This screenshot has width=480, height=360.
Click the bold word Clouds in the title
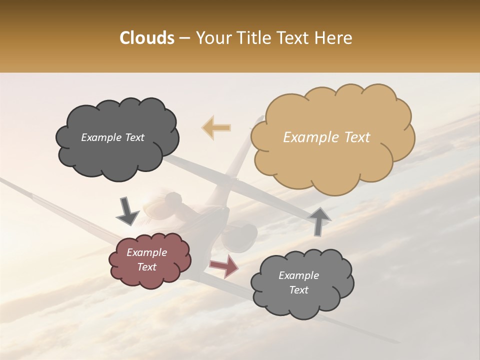click(x=146, y=38)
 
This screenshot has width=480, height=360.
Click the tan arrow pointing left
click(x=216, y=128)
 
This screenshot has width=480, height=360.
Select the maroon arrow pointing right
click(x=224, y=266)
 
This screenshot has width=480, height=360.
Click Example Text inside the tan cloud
click(x=326, y=137)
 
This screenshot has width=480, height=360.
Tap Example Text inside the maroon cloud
click(x=147, y=259)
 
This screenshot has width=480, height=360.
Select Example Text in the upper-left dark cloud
click(x=112, y=137)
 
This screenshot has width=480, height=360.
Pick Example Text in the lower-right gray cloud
click(x=298, y=282)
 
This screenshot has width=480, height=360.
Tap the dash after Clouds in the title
click(x=184, y=38)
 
